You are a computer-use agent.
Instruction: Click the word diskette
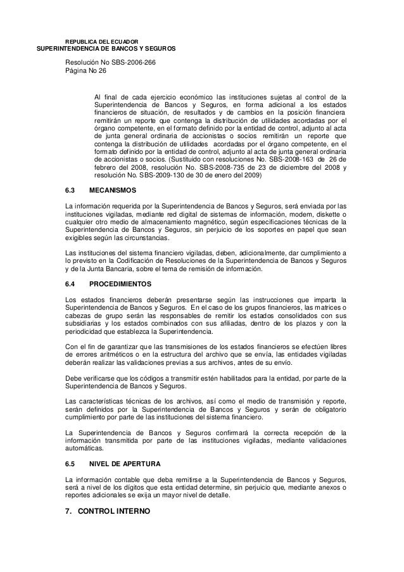point(323,214)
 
